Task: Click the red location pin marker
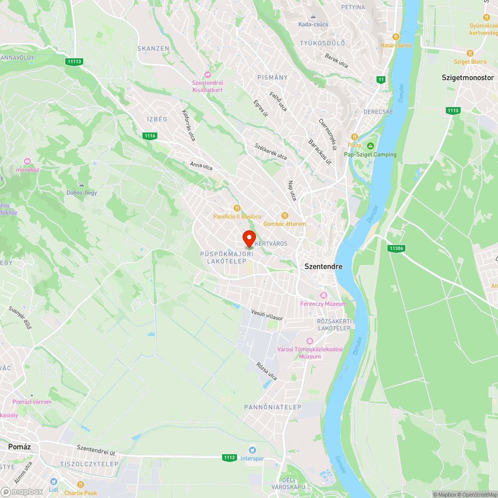coord(249,239)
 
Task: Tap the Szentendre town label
coord(323,266)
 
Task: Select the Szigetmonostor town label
coord(468,78)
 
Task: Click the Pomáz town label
coord(19,447)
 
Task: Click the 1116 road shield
coord(149,135)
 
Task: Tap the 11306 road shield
coord(397,248)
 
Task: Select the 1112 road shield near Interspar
coord(229,457)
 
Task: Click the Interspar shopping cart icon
coord(252,450)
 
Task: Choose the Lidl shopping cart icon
coord(53,482)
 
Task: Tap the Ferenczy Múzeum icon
coord(323,295)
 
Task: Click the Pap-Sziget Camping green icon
coord(370,146)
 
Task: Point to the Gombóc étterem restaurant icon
coord(285,216)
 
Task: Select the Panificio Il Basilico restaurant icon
coord(237,208)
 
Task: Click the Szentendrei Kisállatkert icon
coord(208,74)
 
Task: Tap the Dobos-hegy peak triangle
coord(82,185)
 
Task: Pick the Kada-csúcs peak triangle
coord(313,16)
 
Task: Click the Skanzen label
coord(153,48)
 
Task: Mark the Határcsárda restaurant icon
coord(396,37)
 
